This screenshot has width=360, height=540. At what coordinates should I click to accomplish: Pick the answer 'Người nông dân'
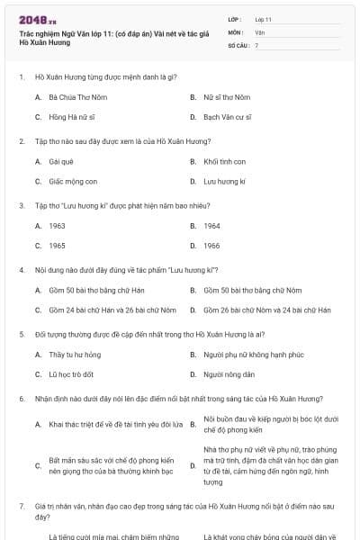[x=229, y=374]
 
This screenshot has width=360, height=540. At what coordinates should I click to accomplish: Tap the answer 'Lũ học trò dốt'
[x=71, y=374]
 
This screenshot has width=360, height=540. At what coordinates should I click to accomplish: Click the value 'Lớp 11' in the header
[x=264, y=18]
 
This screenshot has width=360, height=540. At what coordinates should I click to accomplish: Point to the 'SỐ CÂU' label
[x=237, y=44]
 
